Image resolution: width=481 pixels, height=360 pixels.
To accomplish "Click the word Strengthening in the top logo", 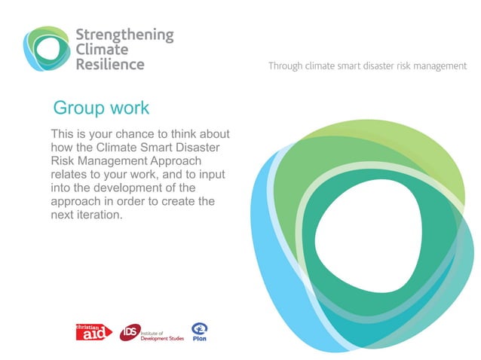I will (x=124, y=35).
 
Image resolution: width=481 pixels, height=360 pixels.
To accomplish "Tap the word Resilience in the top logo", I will (x=110, y=64).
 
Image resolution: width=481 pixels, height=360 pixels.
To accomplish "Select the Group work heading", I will (x=101, y=108).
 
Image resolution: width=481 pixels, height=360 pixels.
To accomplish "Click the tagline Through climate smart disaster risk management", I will (x=367, y=66).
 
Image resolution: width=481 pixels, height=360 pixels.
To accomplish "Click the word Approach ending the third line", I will (x=195, y=162).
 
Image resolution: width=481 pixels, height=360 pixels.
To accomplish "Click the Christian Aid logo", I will (x=93, y=331).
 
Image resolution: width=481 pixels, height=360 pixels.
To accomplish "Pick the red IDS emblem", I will (x=129, y=332).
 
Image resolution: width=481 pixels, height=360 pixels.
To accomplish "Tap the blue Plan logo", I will (x=199, y=331).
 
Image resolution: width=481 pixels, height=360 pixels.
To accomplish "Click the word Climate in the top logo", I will (x=102, y=50).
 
